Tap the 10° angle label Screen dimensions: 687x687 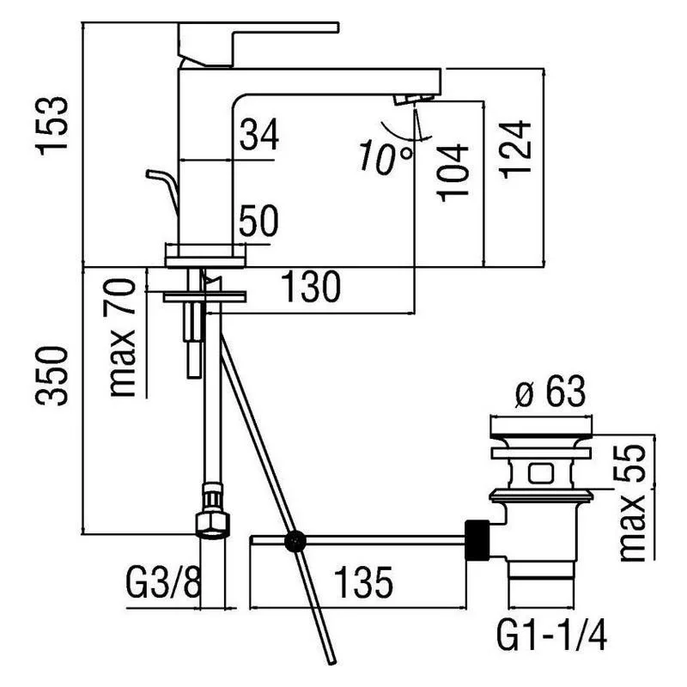coord(386,157)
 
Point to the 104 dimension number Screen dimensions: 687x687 coord(453,171)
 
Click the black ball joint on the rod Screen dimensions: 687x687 coord(296,541)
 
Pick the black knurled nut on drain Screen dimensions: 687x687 coord(477,541)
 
